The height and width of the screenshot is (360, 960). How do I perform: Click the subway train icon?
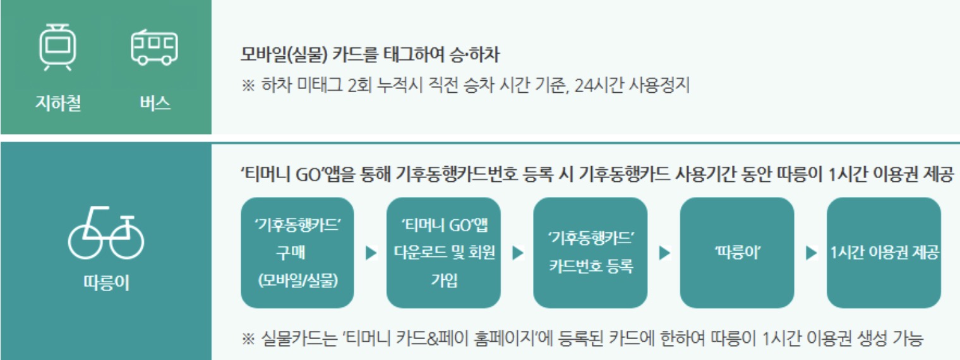click(58, 47)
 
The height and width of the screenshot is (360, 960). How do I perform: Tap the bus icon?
click(154, 47)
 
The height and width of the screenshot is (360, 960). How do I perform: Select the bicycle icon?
click(106, 234)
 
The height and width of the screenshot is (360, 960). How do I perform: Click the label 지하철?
click(58, 103)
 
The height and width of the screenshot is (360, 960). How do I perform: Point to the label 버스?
click(155, 103)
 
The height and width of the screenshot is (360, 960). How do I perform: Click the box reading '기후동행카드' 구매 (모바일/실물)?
click(297, 253)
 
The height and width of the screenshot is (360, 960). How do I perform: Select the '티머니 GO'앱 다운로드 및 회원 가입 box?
click(443, 253)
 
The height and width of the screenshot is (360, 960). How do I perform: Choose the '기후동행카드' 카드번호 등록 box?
click(590, 253)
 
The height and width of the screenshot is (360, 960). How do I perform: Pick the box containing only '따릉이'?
click(736, 253)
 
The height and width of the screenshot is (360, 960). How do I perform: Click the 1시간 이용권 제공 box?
click(884, 253)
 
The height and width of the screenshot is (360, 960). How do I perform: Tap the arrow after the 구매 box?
click(371, 253)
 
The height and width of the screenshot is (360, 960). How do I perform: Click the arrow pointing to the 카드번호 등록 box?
click(518, 253)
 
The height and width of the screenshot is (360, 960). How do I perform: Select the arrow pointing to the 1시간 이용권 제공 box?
click(812, 253)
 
